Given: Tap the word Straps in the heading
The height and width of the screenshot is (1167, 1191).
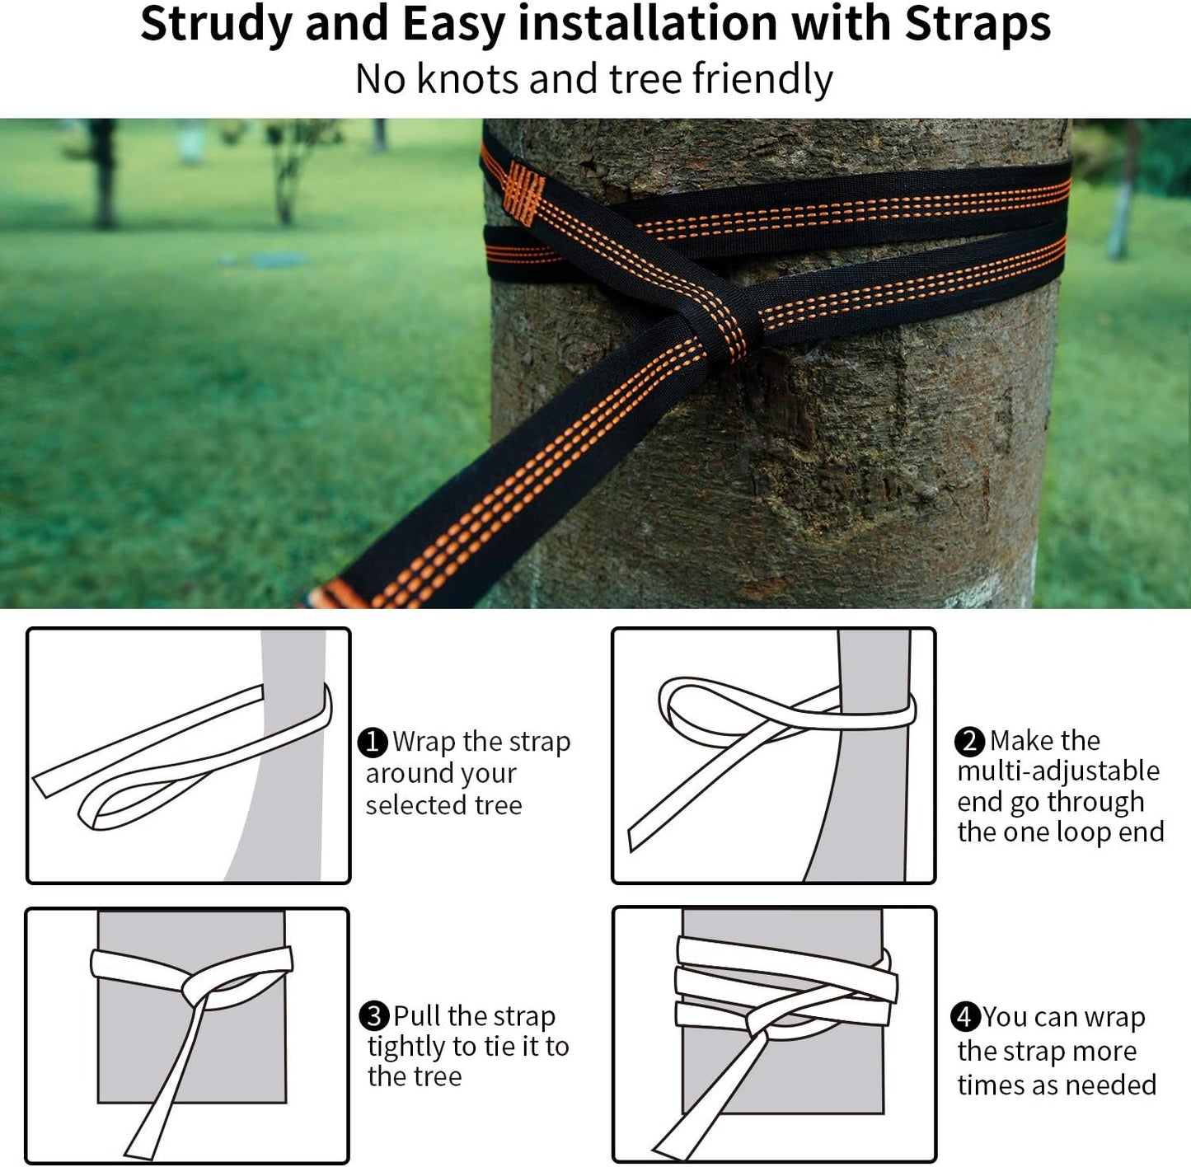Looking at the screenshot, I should [x=978, y=23].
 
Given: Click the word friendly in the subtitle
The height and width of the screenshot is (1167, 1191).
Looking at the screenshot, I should [x=762, y=81].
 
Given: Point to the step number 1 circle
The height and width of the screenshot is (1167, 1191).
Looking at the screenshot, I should [x=373, y=742].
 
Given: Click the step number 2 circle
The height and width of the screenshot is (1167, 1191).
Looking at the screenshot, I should [x=969, y=741].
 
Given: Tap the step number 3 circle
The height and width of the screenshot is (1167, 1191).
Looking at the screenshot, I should [x=374, y=1015].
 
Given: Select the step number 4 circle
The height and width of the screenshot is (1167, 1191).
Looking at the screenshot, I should [x=964, y=1016].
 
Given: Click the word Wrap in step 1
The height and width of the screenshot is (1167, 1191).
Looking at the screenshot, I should [x=424, y=742].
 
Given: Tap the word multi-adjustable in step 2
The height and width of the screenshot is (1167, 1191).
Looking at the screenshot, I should [x=1058, y=771].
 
